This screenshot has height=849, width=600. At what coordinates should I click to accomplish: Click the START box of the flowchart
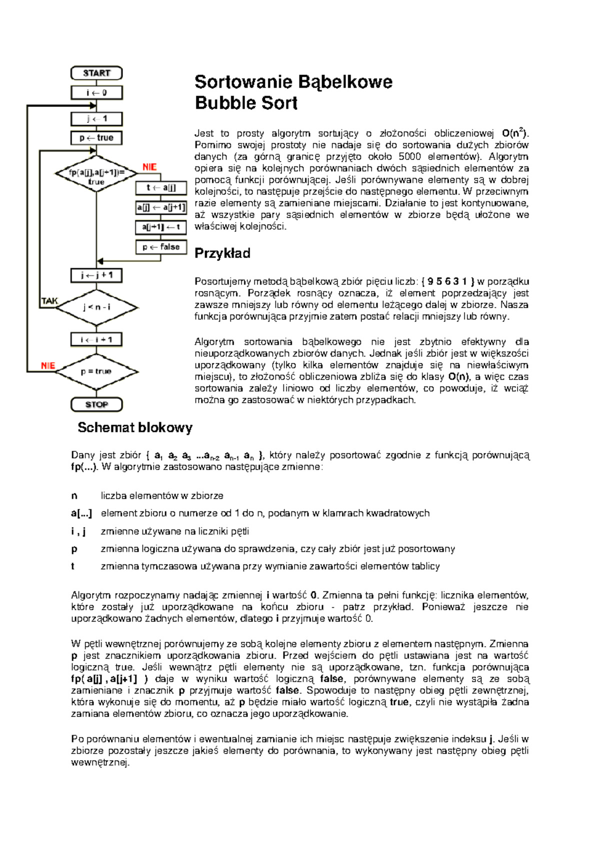[x=96, y=73]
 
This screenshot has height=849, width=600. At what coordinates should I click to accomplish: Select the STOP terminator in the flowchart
[x=96, y=404]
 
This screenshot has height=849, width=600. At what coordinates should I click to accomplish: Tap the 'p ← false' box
[x=161, y=247]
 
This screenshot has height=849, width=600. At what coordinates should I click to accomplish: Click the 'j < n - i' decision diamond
[x=96, y=307]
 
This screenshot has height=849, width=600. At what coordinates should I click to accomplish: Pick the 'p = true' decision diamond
[x=96, y=371]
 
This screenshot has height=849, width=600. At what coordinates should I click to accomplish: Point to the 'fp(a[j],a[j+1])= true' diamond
[x=96, y=173]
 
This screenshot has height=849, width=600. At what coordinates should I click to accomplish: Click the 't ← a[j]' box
[x=161, y=188]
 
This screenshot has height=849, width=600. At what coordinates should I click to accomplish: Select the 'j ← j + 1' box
[x=96, y=275]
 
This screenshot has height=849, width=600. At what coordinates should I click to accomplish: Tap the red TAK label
[x=49, y=301]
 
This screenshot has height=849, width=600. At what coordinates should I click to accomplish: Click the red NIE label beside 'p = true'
[x=48, y=365]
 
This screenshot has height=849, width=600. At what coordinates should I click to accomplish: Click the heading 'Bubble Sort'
[x=246, y=103]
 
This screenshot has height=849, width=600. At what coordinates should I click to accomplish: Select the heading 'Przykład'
[x=222, y=253]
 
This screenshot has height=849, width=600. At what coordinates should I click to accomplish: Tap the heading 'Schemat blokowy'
[x=135, y=427]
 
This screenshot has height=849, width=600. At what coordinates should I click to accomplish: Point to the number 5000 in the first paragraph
[x=409, y=156]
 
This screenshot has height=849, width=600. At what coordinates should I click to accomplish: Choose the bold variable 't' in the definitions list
[x=73, y=566]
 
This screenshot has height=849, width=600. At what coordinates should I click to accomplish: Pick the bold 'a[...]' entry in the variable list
[x=81, y=513]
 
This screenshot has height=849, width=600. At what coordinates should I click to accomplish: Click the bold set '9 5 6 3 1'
[x=447, y=281]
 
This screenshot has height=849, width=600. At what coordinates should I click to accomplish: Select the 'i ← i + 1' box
[x=96, y=339]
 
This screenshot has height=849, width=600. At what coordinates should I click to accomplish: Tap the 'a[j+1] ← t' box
[x=161, y=227]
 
